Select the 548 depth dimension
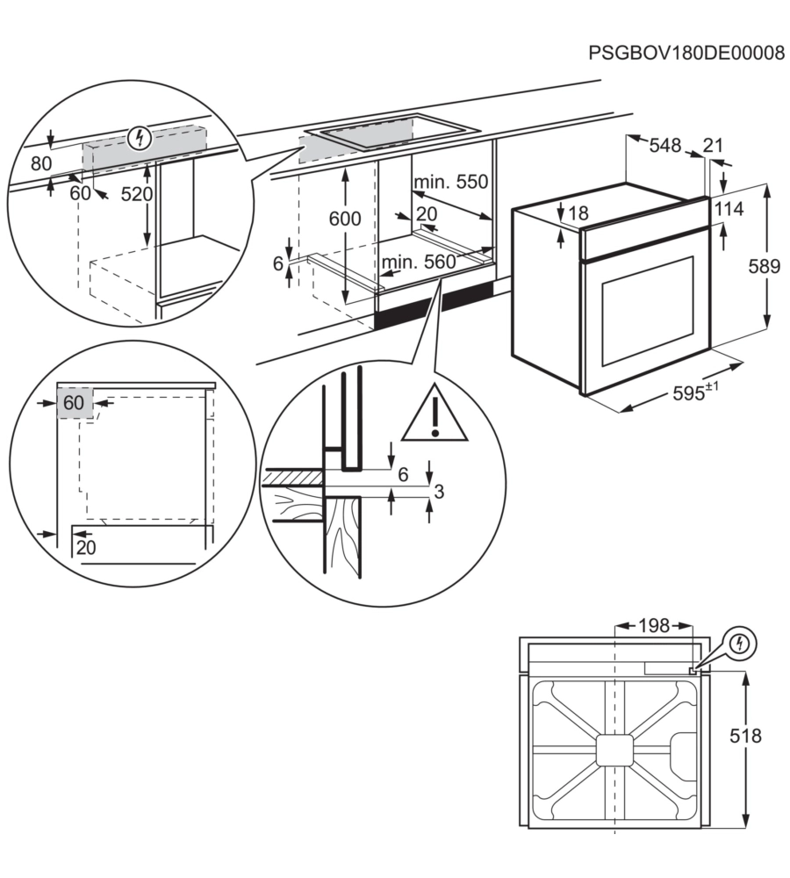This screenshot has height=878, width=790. tap(664, 146)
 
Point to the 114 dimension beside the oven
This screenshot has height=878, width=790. tap(728, 210)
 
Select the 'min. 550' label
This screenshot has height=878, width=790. tap(450, 183)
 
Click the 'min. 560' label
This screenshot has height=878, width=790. tap(419, 261)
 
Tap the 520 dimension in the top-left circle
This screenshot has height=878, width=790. tap(162, 194)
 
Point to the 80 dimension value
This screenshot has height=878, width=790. tap(40, 162)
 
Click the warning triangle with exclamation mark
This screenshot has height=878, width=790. tap(435, 414)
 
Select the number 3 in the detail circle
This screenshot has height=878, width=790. tap(440, 493)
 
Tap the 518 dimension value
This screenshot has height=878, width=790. tap(743, 735)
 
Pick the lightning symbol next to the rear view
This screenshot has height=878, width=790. tap(741, 644)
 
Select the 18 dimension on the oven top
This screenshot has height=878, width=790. tap(577, 213)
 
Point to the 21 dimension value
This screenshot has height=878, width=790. tap(713, 146)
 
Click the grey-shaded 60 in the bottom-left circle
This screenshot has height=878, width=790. tap(73, 403)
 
